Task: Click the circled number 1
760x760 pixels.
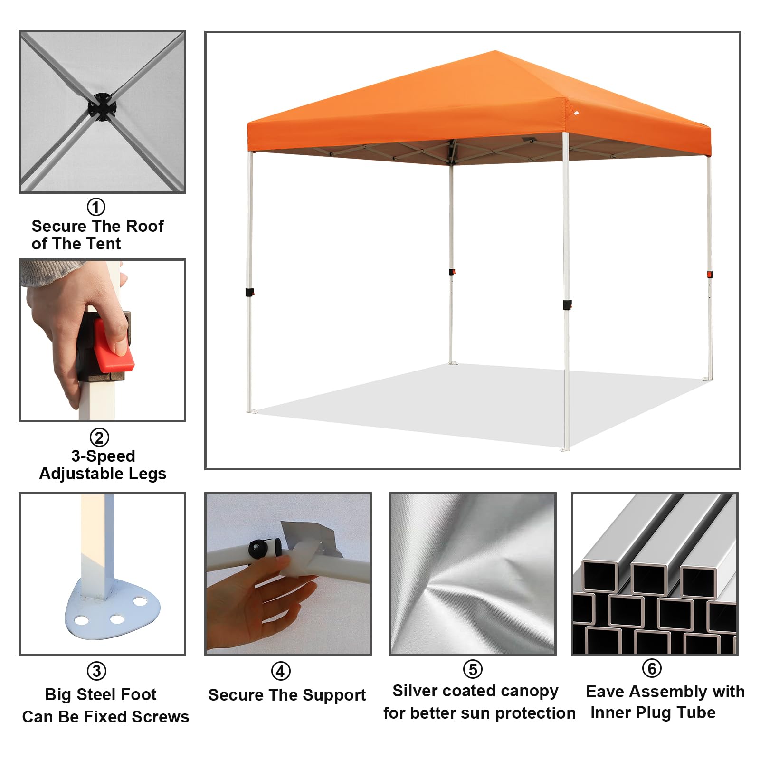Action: [x=96, y=207]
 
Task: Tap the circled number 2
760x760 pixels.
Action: [x=99, y=437]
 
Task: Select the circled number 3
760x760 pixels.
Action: [x=97, y=671]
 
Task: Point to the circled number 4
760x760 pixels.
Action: [x=281, y=672]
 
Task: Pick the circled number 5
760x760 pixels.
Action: [x=473, y=669]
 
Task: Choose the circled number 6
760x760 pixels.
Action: [x=652, y=668]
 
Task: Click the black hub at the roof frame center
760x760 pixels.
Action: [x=101, y=107]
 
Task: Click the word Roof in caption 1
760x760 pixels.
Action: [x=144, y=226]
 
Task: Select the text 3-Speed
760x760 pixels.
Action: [x=103, y=456]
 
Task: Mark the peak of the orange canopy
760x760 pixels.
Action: [x=495, y=51]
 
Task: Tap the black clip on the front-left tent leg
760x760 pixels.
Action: [x=249, y=292]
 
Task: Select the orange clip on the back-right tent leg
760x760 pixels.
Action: [x=710, y=275]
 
